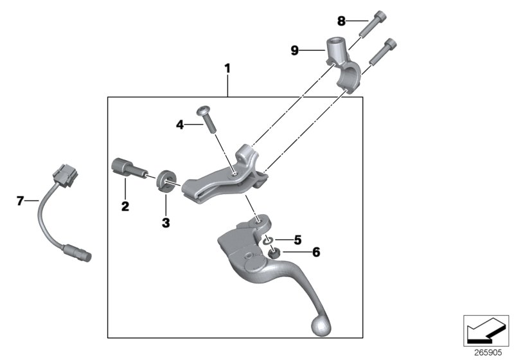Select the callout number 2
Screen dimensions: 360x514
125,206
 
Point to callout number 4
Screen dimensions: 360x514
181,124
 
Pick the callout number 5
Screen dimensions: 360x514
297,240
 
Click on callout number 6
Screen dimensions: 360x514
297,253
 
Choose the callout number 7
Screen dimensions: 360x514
21,201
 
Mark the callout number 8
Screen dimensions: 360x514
341,21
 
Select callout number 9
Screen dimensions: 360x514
295,50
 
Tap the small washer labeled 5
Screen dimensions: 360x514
270,240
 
